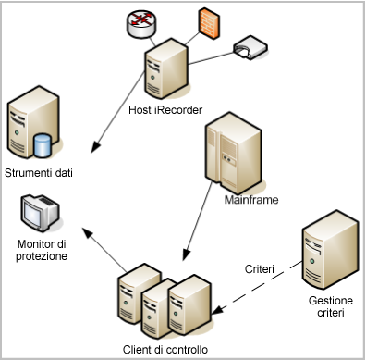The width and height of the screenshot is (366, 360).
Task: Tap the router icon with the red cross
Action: pos(142,25)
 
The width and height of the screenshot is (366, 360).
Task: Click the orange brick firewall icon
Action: pos(207,20)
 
